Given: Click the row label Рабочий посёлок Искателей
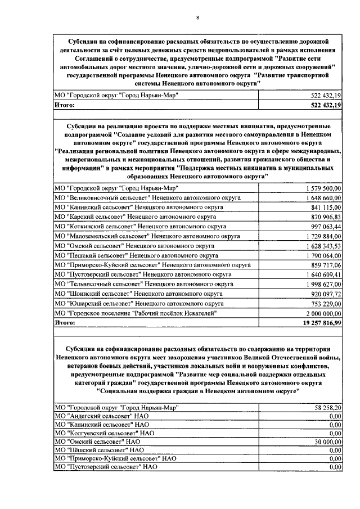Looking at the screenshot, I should (x=135, y=313).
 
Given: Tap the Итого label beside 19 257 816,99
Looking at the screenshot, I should (x=65, y=322).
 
